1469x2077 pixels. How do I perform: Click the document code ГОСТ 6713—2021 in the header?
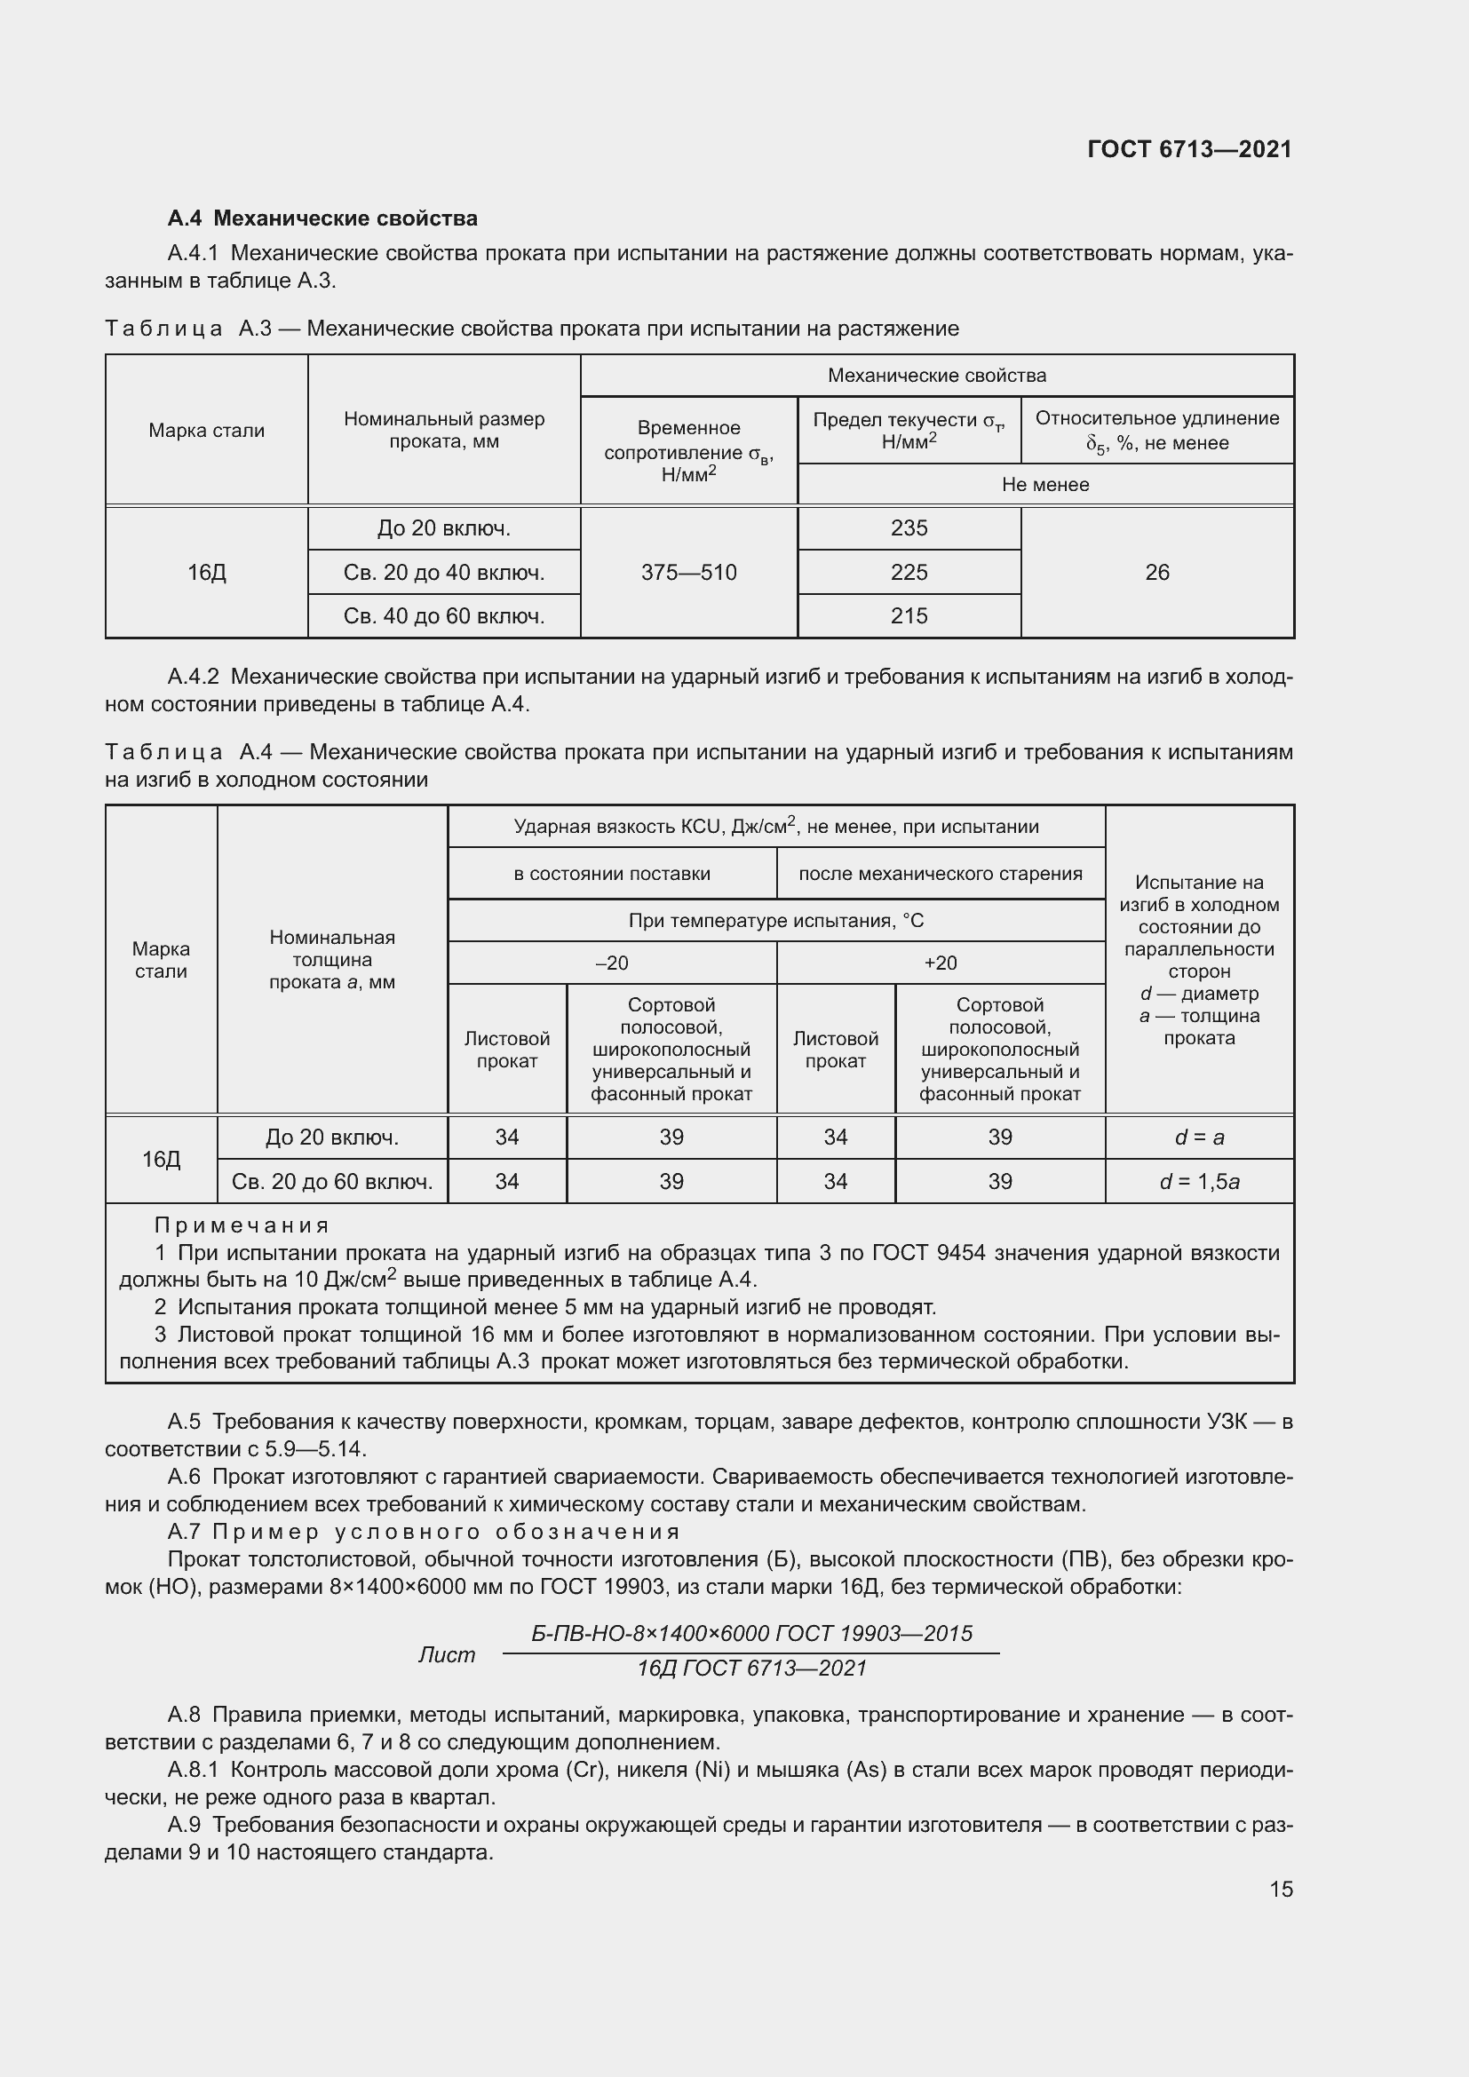pyautogui.click(x=1189, y=149)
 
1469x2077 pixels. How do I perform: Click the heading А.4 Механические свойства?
pyautogui.click(x=322, y=218)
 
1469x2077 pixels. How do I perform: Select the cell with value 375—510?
pyautogui.click(x=688, y=573)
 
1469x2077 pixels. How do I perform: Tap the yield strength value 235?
pyautogui.click(x=909, y=528)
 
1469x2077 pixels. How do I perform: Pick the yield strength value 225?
pyautogui.click(x=909, y=573)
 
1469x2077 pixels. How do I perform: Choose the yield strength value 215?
pyautogui.click(x=909, y=616)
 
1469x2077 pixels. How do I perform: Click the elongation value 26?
pyautogui.click(x=1157, y=573)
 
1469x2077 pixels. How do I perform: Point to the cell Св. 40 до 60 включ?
pyautogui.click(x=444, y=616)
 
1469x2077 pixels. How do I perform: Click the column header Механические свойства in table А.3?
pyautogui.click(x=937, y=376)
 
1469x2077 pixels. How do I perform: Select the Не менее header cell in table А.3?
pyautogui.click(x=1044, y=485)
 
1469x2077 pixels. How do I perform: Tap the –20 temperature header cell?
pyautogui.click(x=613, y=963)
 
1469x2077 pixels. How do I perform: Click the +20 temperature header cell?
pyautogui.click(x=940, y=963)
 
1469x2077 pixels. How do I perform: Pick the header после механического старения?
pyautogui.click(x=940, y=874)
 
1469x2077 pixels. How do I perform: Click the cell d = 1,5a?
pyautogui.click(x=1199, y=1181)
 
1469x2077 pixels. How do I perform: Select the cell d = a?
pyautogui.click(x=1199, y=1138)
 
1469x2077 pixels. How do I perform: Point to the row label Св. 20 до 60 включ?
pyautogui.click(x=332, y=1181)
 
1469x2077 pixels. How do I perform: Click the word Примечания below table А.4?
pyautogui.click(x=242, y=1225)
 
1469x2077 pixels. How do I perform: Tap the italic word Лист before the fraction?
pyautogui.click(x=446, y=1654)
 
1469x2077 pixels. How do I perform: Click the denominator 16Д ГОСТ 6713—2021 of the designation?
pyautogui.click(x=751, y=1669)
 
